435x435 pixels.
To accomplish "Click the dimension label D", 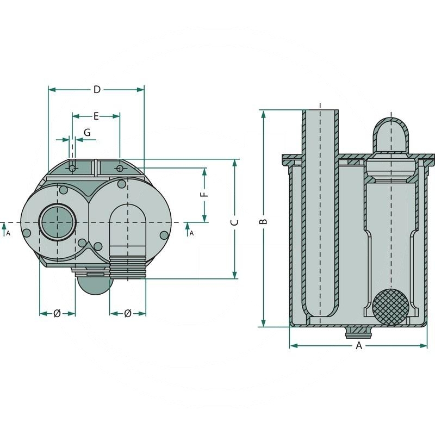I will [97, 90].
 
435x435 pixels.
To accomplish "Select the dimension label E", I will [96, 116].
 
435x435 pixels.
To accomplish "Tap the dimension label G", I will [87, 132].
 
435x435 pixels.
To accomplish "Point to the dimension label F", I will [204, 195].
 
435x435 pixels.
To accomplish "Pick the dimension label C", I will [235, 222].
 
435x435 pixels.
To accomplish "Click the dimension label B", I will [263, 222].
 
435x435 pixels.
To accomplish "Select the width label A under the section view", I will [358, 346].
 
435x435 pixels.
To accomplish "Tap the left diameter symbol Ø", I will [57, 313].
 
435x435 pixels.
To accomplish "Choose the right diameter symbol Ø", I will [128, 313].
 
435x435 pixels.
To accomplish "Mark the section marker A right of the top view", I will [191, 233].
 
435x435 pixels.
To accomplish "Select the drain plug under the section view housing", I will [358, 331].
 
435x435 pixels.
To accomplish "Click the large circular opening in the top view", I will [57, 222].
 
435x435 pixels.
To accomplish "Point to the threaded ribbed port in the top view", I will [128, 267].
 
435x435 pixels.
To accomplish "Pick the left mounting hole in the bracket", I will [72, 169].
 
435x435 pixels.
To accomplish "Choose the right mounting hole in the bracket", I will [120, 169].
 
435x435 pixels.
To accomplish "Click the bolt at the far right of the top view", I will [164, 234].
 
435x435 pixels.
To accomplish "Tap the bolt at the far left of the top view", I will [26, 233].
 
